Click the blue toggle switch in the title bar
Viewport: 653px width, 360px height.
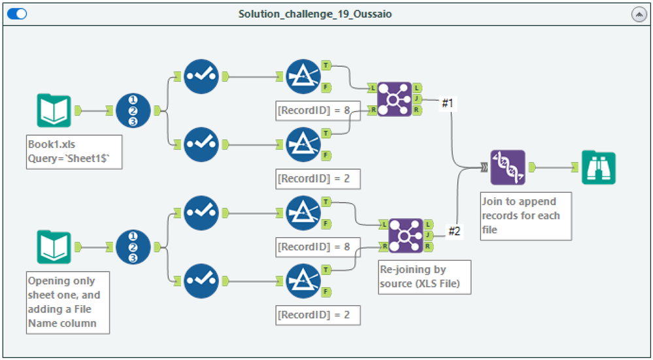tap(16, 14)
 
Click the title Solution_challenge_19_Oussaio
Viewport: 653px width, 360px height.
tap(315, 14)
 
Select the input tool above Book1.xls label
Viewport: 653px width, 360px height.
tap(54, 110)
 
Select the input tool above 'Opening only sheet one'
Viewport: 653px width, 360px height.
tap(54, 246)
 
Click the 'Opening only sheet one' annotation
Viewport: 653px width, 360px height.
tap(68, 302)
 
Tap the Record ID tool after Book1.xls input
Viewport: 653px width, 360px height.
tap(133, 110)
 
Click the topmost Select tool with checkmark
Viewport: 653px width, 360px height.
tap(201, 76)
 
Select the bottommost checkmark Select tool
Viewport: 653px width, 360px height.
tap(201, 280)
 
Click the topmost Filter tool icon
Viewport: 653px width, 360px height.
tap(303, 76)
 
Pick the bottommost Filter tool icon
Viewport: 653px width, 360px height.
tap(303, 280)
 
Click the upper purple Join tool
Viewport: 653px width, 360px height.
tap(395, 99)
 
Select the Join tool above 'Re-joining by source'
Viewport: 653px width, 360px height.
tap(406, 235)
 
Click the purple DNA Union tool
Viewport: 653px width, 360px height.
tap(507, 167)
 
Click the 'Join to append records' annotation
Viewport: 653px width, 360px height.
tap(526, 216)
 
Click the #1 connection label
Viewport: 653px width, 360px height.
tap(448, 103)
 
